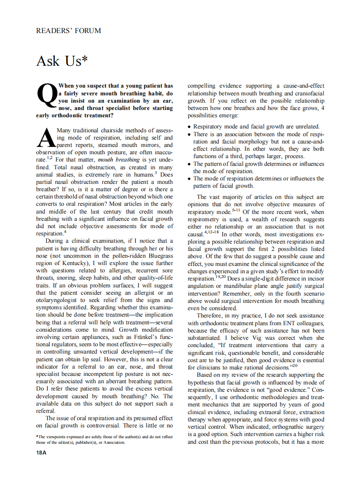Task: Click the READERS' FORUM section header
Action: point(69,31)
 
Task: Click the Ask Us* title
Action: point(61,61)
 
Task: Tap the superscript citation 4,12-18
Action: point(211,232)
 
